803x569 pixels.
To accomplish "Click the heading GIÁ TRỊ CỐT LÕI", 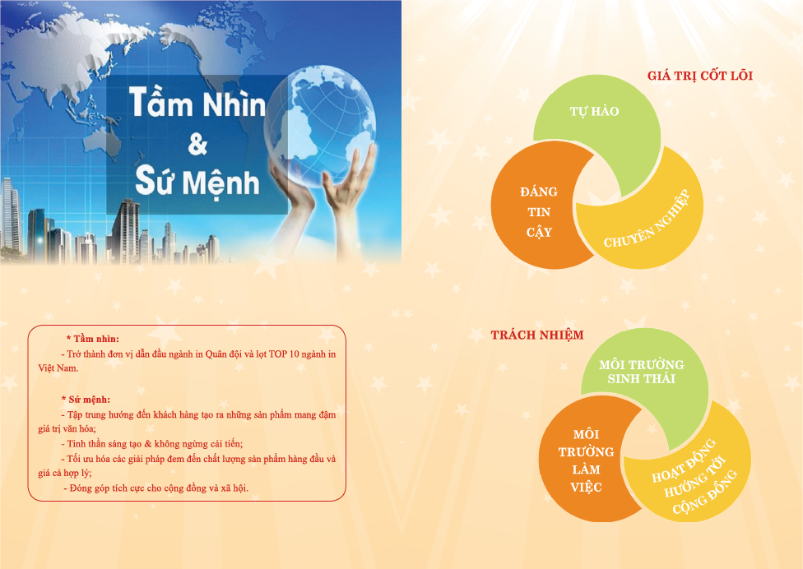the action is point(699,75).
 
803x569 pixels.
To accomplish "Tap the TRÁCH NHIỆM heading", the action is point(537,335).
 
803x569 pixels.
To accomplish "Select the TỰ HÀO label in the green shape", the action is point(595,111).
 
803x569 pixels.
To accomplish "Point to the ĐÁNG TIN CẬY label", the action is point(539,212).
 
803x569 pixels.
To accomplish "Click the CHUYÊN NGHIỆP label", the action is point(647,219).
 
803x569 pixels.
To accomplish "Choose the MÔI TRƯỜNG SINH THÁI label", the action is point(641,372).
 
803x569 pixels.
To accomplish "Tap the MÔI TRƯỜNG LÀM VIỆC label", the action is point(586,460).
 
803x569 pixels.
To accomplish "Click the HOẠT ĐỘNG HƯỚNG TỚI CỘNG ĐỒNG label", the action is point(694,476).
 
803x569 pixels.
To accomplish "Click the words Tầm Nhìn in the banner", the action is point(197,102).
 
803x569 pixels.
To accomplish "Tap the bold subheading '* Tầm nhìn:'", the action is point(93,339).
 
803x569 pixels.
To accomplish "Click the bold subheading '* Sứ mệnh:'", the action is point(86,400).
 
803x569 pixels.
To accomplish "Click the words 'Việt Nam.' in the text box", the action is point(58,368).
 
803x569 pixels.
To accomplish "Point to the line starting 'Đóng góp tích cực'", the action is point(155,488).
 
